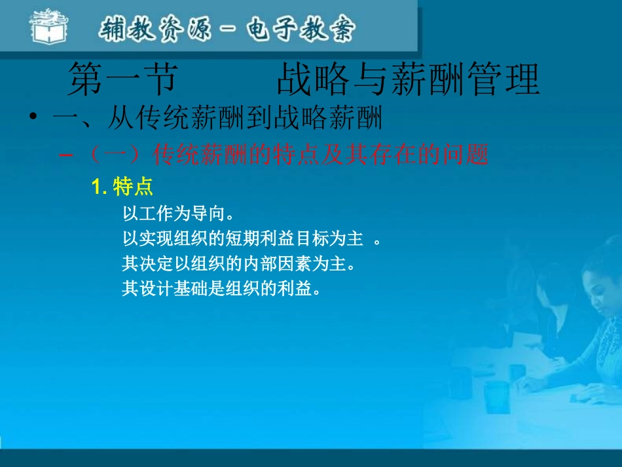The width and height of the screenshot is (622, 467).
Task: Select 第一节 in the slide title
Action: [x=122, y=81]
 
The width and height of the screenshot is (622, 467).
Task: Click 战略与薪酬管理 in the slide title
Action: [x=408, y=81]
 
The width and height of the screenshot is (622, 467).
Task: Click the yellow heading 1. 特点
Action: [x=122, y=187]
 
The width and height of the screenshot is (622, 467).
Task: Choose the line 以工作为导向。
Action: [x=178, y=214]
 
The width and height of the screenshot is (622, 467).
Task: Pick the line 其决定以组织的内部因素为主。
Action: [x=240, y=264]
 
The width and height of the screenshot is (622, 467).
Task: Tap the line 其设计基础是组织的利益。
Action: [x=221, y=289]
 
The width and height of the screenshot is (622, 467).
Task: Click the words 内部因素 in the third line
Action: [x=285, y=264]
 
